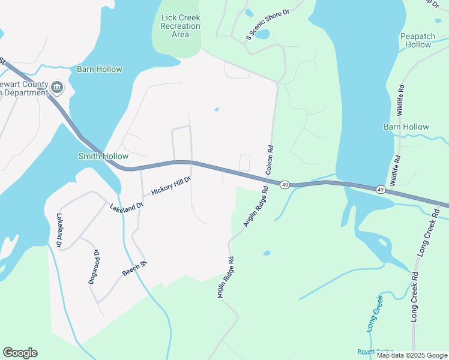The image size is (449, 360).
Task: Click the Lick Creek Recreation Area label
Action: pos(181,26)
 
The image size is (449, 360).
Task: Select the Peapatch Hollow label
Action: pos(418,40)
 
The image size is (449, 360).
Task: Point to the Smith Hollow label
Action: pos(103,156)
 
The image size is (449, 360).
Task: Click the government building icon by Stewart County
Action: pos(58,88)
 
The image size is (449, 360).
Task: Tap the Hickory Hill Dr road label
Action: pos(171,185)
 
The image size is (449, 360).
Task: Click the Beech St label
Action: pos(135,268)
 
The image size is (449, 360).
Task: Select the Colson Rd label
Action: pos(270,160)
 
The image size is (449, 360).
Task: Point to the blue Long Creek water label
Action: pos(375,313)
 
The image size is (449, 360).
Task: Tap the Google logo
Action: pos(20,353)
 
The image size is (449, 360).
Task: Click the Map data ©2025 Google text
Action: pos(411,355)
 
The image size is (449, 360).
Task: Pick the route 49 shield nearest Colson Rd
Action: pos(285,185)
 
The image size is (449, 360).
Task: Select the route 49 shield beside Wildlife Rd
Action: pos(381,190)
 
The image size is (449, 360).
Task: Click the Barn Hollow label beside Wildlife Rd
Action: pos(406,127)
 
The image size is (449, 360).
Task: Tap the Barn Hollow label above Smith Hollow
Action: pos(99,69)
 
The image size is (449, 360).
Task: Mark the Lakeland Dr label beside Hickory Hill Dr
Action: pos(127,206)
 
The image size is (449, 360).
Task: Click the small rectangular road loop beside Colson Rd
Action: pos(245,163)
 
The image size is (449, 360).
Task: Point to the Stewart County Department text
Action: pos(24,89)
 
